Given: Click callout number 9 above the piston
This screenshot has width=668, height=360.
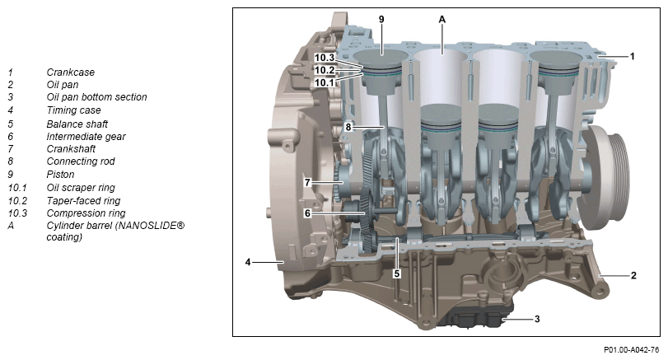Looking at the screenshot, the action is (381, 19).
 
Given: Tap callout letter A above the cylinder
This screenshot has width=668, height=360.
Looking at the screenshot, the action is (442, 19).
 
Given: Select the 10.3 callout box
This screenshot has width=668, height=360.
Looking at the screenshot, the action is (325, 58).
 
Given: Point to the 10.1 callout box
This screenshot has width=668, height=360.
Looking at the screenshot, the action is (325, 82).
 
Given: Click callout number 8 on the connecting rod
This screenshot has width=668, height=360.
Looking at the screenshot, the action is (348, 127).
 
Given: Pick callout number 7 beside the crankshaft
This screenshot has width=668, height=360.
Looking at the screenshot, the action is (307, 182).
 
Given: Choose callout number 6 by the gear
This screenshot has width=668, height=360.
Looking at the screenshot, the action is (307, 213).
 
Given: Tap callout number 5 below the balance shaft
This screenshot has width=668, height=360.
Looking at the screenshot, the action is (397, 274).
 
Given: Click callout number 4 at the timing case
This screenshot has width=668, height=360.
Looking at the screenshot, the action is (248, 262).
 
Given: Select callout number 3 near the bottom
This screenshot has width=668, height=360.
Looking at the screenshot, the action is (537, 319).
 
